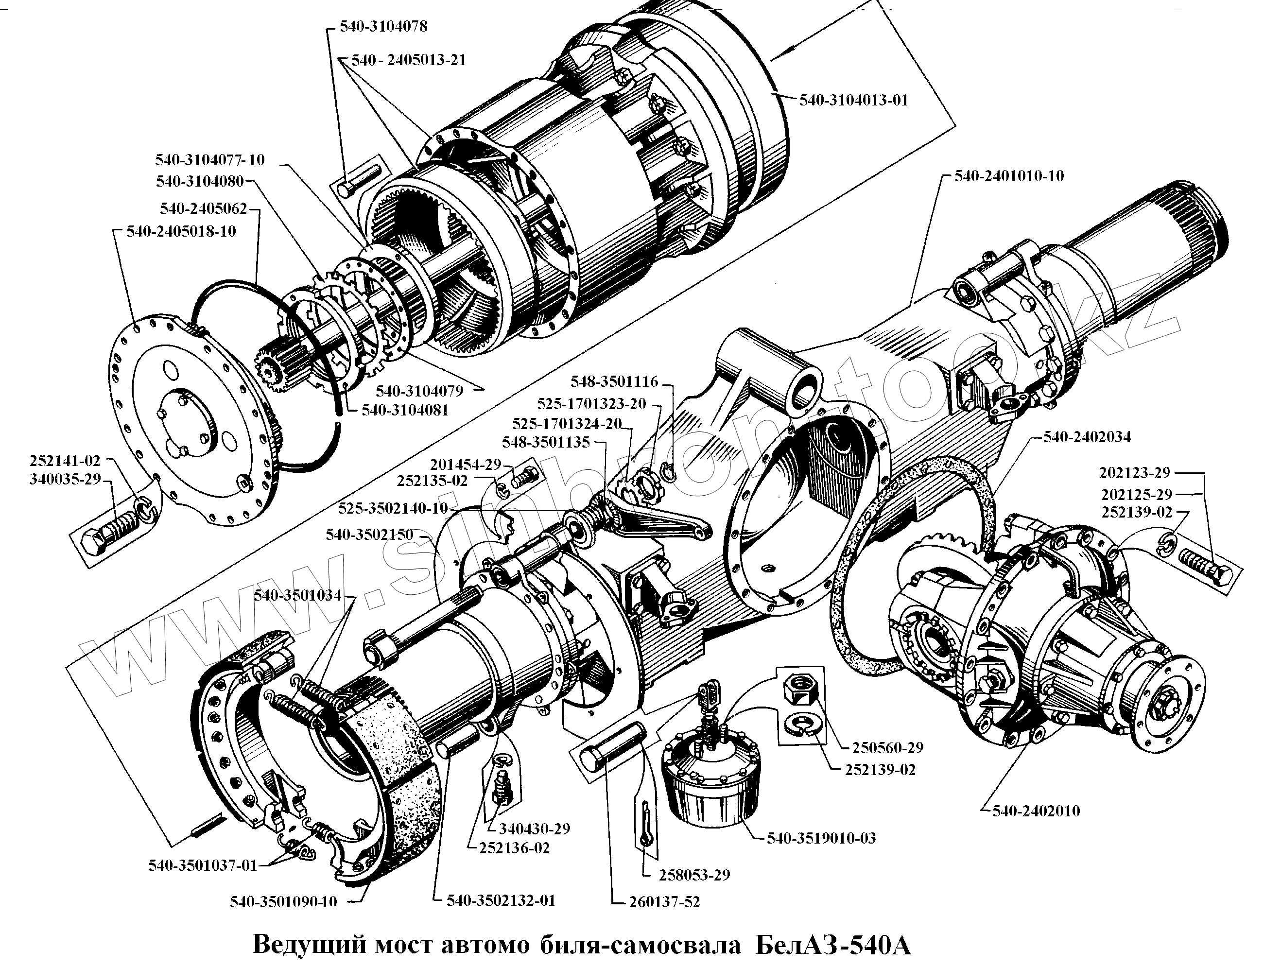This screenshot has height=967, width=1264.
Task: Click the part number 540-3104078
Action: [x=383, y=26]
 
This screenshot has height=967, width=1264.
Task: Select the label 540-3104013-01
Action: [x=853, y=100]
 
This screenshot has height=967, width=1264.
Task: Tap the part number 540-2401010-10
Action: [x=1009, y=175]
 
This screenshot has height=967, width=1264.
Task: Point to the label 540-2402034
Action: [x=1087, y=437]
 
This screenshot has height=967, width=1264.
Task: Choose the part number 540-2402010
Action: [x=1036, y=811]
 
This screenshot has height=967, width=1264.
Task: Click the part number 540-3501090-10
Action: [x=283, y=901]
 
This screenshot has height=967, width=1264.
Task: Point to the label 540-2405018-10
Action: [x=181, y=231]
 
